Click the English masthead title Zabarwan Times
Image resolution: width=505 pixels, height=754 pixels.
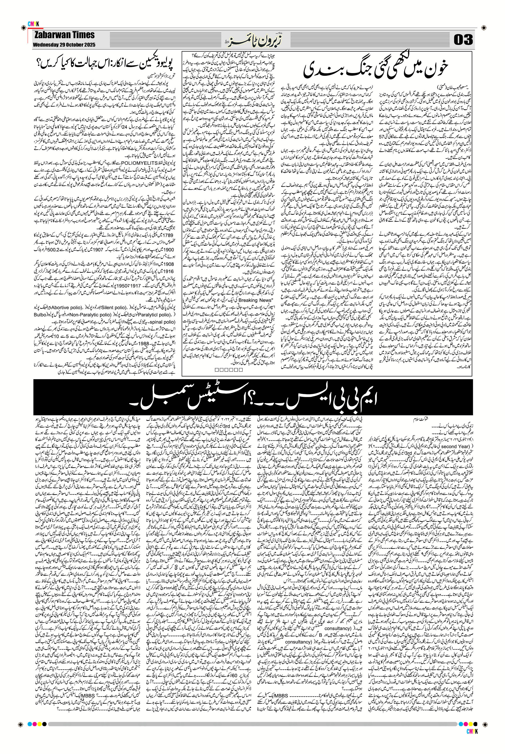[64, 35]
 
